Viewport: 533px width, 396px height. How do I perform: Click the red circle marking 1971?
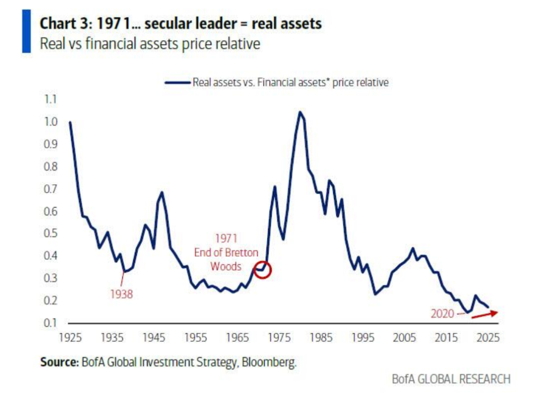(263, 270)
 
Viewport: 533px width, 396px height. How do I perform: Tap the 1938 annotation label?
(121, 295)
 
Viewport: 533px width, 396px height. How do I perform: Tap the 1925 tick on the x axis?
(70, 337)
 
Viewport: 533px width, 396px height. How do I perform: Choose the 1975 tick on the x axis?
(280, 337)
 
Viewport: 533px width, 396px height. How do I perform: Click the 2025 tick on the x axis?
(490, 337)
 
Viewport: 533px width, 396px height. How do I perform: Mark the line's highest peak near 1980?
(300, 111)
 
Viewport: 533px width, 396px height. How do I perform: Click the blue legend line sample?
(177, 82)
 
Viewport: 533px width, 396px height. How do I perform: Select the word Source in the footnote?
(59, 362)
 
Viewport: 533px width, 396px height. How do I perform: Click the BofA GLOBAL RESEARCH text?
(451, 379)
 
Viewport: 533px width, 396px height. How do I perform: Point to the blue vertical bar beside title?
(27, 32)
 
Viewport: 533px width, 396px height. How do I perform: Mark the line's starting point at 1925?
(70, 122)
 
